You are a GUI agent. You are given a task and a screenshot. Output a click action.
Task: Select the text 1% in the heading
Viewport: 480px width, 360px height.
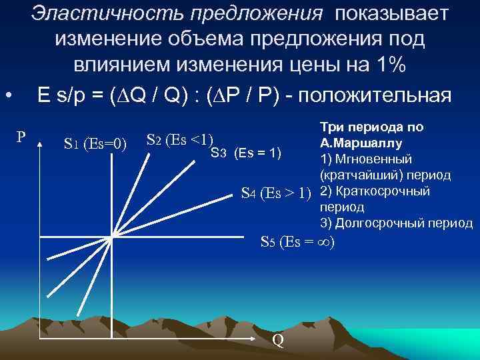coord(389,68)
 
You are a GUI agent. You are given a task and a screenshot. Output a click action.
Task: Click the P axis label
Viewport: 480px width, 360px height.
coord(21,137)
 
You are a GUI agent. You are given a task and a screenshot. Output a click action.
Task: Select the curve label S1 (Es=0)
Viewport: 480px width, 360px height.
coord(95,142)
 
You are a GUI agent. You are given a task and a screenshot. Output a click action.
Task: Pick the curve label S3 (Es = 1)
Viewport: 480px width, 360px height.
coord(245,155)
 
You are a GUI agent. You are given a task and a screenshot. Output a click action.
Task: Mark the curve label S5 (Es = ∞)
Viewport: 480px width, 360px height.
coord(297,242)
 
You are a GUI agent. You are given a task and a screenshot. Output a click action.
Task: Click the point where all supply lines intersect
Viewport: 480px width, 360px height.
coord(113,235)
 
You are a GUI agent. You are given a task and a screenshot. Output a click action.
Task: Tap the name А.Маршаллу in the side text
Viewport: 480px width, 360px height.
coord(361,142)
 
